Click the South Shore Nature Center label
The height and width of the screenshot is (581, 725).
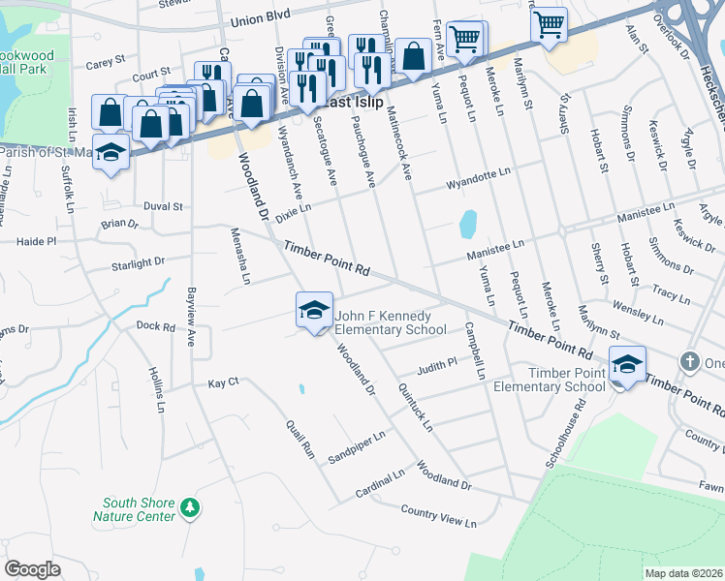(139, 509)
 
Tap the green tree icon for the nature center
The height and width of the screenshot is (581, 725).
(191, 507)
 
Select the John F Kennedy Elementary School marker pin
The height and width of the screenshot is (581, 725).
(314, 310)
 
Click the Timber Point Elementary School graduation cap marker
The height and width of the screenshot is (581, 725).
(627, 365)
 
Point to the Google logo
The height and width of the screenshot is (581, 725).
(32, 569)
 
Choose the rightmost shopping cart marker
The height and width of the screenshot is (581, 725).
(549, 24)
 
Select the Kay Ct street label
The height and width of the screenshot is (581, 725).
(223, 383)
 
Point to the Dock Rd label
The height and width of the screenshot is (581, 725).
(155, 326)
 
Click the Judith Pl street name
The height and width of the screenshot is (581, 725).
(437, 367)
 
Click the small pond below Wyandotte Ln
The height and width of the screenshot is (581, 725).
(467, 224)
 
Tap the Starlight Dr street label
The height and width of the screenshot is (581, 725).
(139, 262)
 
